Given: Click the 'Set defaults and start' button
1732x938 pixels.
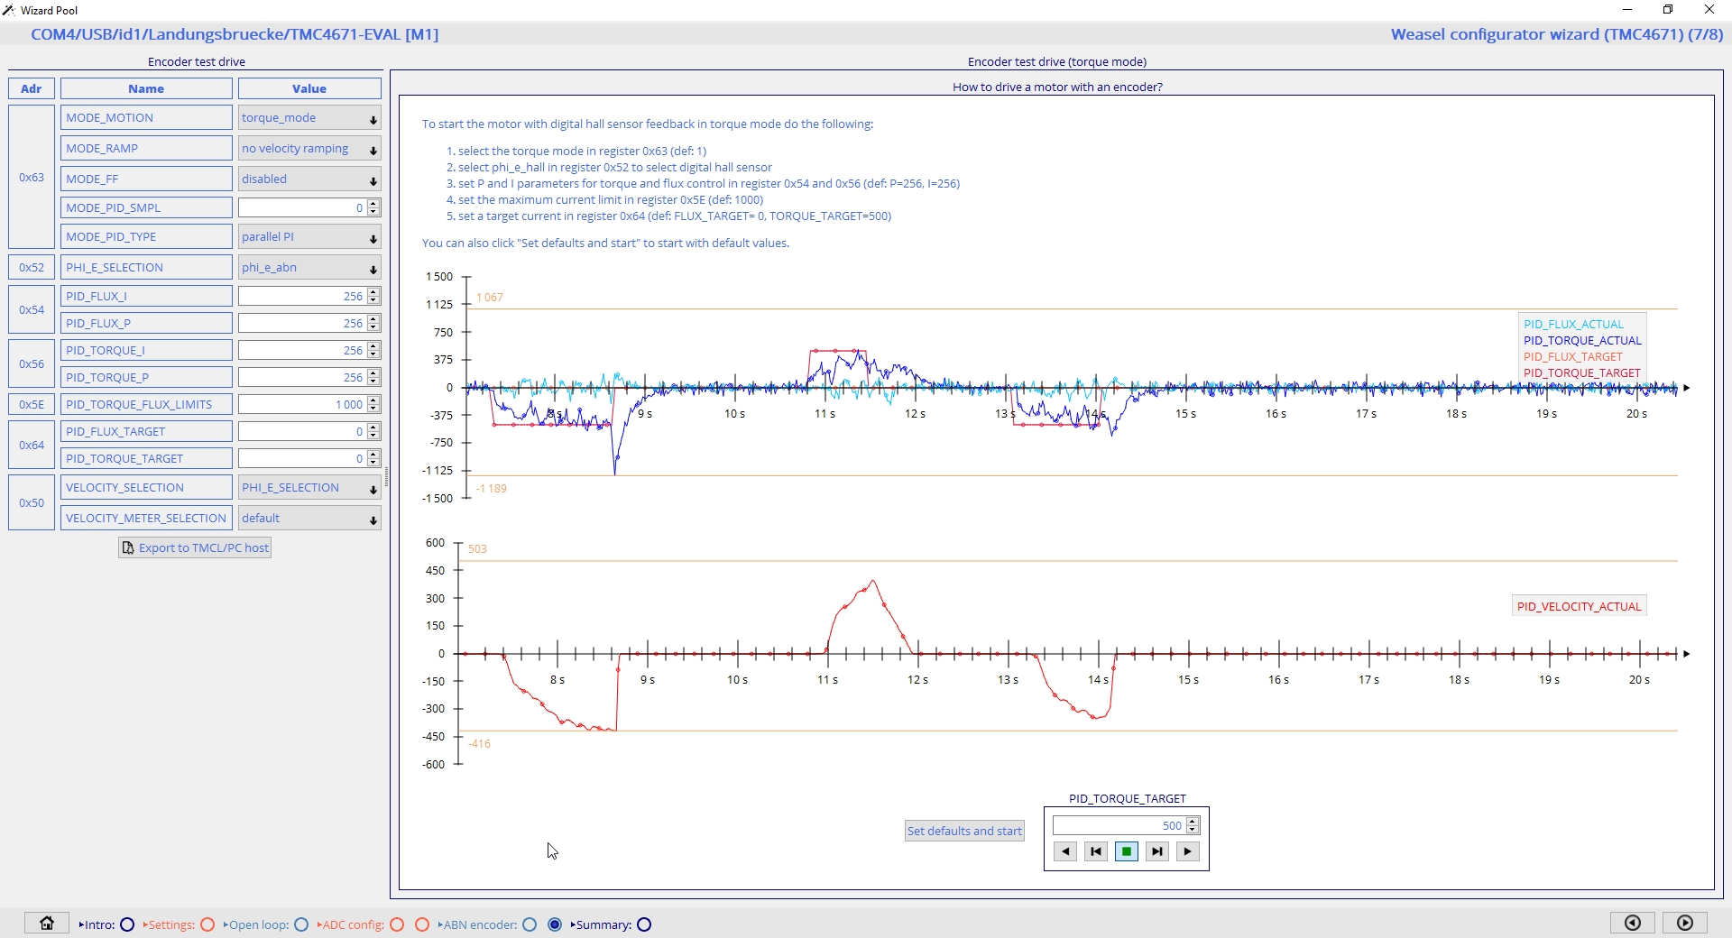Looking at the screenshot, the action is tap(964, 831).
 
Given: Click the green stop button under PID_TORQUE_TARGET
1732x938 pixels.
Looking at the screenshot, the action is tap(1127, 851).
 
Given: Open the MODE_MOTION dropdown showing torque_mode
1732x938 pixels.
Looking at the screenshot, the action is tap(309, 118).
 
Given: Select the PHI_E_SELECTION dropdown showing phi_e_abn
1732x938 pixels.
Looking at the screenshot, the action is tap(309, 268).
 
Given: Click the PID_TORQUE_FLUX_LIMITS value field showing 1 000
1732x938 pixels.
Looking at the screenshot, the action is tap(303, 405).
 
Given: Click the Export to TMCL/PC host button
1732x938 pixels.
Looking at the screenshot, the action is tap(195, 547).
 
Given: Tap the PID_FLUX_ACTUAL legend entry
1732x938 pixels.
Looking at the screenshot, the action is tap(1573, 325).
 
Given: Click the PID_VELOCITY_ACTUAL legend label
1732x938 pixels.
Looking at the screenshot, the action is tap(1579, 607).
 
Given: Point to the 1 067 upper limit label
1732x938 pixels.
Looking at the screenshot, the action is tap(490, 298).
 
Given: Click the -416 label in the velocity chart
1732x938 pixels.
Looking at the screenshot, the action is tap(480, 744).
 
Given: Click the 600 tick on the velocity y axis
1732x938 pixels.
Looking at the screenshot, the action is tap(436, 543).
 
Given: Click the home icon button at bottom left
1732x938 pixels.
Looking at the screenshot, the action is tap(47, 924).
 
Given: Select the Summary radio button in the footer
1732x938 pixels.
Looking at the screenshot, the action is tap(644, 924).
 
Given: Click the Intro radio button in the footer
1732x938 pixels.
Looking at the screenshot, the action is tap(127, 924).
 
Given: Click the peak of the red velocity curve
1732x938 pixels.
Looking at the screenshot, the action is tap(873, 581).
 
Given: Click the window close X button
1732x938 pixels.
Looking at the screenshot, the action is tap(1709, 10).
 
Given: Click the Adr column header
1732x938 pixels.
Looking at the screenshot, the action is tap(32, 88).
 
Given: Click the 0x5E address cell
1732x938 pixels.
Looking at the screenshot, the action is tap(32, 405).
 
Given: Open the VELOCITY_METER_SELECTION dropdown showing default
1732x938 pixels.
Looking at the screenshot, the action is tap(309, 519).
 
